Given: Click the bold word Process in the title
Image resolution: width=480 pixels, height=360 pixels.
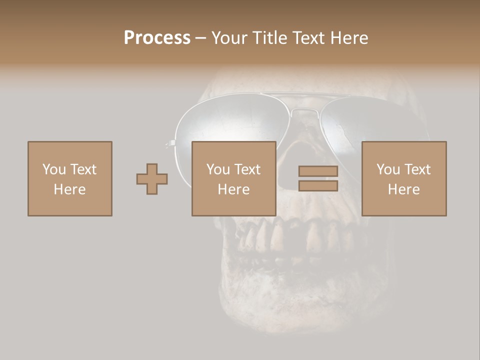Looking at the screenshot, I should tap(157, 38).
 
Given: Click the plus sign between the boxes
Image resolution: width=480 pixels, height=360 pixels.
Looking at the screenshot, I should tap(152, 179).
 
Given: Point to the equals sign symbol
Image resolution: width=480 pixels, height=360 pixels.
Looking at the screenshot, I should tap(318, 178).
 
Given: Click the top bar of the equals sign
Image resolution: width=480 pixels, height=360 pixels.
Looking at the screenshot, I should tap(318, 171).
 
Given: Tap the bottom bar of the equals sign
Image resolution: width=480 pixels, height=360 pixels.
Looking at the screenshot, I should tap(318, 185).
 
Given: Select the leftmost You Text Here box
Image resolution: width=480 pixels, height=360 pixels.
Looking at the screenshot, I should tap(70, 178).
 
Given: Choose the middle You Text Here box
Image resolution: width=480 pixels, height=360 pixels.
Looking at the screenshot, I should tap(233, 178).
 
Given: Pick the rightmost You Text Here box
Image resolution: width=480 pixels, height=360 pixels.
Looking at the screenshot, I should tap(403, 178).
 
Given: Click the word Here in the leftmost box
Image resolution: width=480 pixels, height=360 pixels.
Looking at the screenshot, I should tap(70, 189).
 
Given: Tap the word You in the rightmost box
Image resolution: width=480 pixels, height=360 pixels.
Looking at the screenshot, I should tap(388, 169).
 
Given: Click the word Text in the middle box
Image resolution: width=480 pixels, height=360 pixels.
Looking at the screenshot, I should tap(247, 169).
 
